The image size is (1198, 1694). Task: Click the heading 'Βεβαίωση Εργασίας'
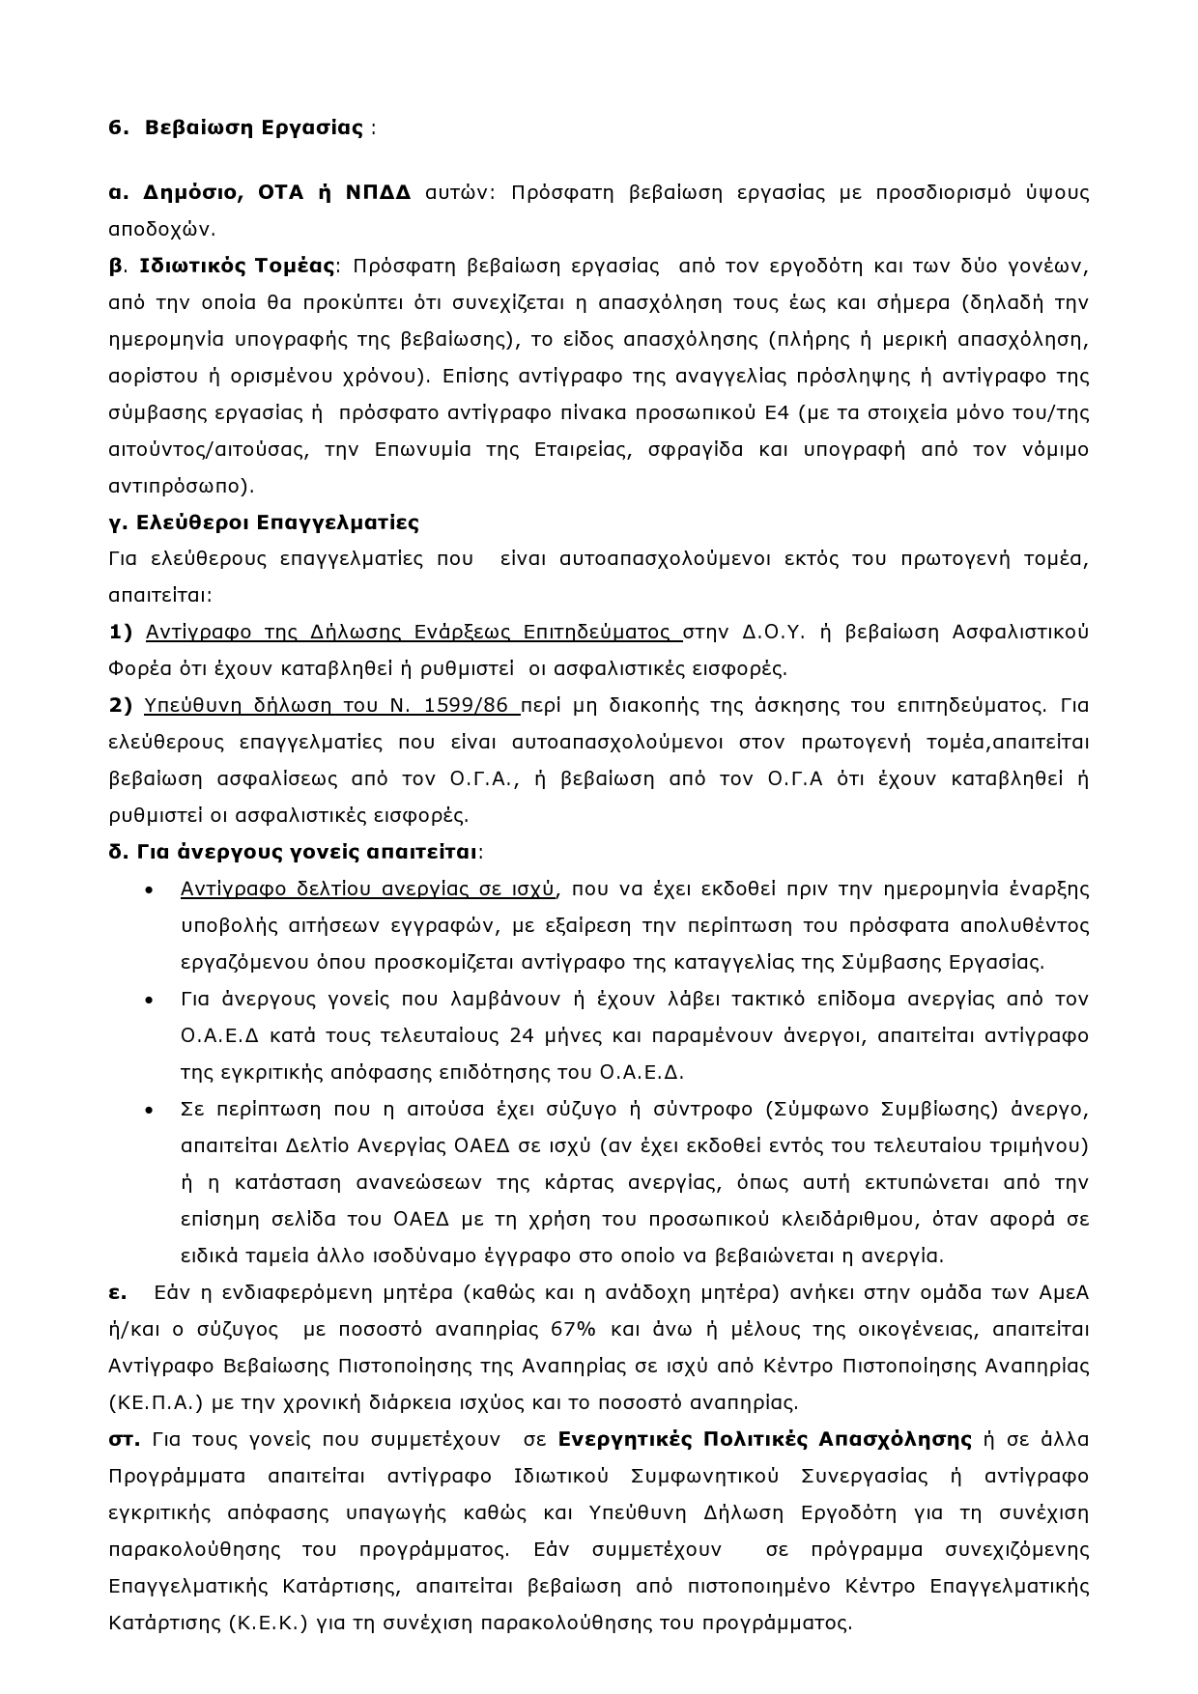[x=254, y=127]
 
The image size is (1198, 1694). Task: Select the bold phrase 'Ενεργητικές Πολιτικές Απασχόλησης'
[x=764, y=1439]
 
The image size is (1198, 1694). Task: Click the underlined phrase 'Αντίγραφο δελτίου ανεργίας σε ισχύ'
[x=367, y=889]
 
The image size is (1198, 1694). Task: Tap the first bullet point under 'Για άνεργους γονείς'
[x=148, y=889]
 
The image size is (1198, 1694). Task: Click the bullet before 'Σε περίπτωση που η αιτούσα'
[x=148, y=1110]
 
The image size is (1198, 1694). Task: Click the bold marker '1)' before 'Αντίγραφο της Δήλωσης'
[x=121, y=632]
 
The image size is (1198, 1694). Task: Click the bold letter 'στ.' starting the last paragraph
[x=125, y=1439]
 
